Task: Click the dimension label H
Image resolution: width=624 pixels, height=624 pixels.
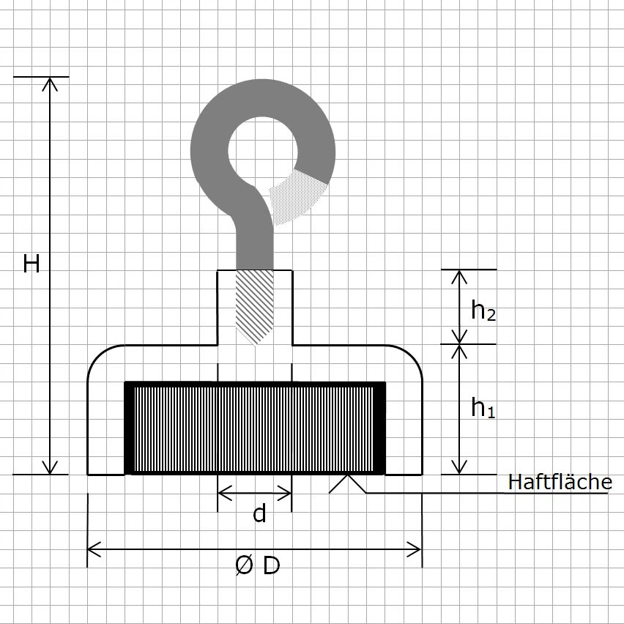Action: (31, 264)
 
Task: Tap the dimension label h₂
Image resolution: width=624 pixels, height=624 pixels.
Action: (483, 311)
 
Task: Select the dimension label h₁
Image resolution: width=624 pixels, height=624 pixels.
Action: (483, 407)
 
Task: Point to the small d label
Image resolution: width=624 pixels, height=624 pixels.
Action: (259, 514)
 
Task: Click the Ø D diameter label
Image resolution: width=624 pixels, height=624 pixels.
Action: (257, 565)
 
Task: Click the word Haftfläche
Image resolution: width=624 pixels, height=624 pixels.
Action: (560, 482)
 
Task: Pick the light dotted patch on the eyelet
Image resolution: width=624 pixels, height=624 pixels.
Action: (297, 195)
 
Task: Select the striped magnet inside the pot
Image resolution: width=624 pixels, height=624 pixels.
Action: (255, 428)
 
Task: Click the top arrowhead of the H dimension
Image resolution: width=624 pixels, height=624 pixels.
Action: (50, 83)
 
